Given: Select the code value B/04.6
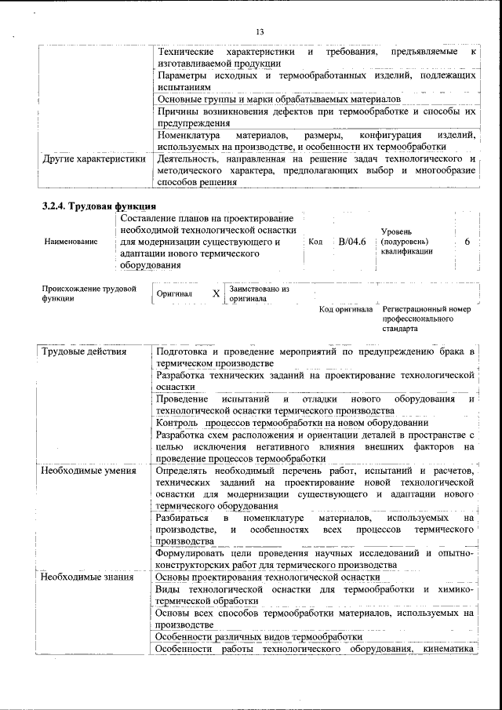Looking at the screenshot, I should coord(352,241).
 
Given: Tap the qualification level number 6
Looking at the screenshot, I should coord(467,241).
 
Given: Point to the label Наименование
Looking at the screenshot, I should coord(71,242).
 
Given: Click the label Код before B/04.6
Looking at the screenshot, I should coord(316,242).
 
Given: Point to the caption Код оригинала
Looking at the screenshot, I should coord(345,309).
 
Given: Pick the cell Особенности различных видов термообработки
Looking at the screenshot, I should coord(259,637).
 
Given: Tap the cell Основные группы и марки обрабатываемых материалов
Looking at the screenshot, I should coord(278,100).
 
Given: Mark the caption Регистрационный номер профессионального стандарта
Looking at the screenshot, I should coord(427,319).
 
